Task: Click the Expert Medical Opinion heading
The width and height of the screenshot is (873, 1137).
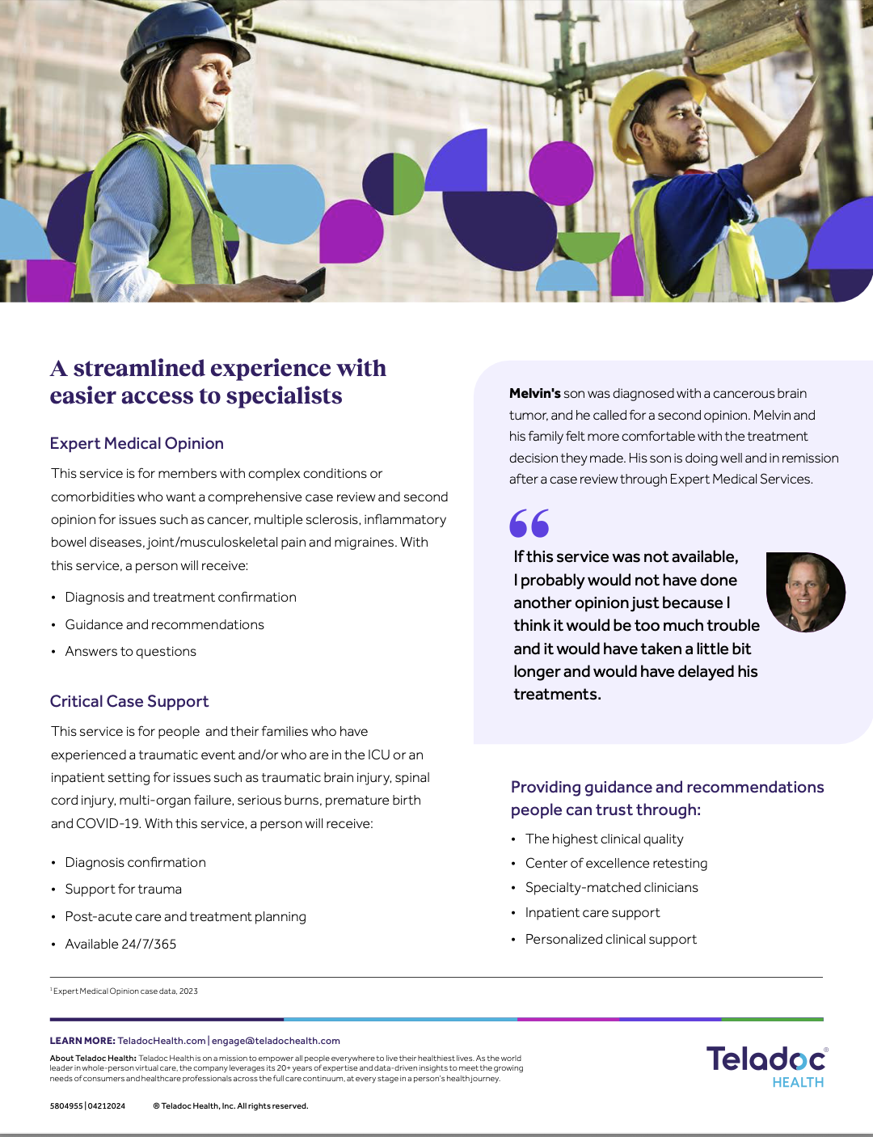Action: tap(137, 443)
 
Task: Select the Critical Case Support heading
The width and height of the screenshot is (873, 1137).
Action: tap(129, 701)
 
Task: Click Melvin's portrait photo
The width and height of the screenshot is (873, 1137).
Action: tap(805, 592)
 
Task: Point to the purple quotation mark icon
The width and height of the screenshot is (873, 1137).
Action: tap(529, 523)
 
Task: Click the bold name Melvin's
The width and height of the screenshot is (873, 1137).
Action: tap(534, 394)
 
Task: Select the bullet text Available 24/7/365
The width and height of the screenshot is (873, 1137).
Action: tap(120, 944)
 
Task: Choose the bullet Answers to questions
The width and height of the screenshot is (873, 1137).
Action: tap(130, 652)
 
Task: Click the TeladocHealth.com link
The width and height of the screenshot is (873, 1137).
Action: tap(162, 1041)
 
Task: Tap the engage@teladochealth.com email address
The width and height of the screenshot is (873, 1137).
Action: tap(276, 1041)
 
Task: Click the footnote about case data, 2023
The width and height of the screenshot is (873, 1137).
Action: tap(125, 991)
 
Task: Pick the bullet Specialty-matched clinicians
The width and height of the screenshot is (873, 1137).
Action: tap(611, 888)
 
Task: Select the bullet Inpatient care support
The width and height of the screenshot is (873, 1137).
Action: tap(593, 913)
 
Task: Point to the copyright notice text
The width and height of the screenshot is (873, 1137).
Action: tap(230, 1106)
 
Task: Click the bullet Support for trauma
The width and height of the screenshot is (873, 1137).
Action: tap(123, 890)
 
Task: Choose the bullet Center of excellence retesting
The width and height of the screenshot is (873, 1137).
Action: tap(616, 864)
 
